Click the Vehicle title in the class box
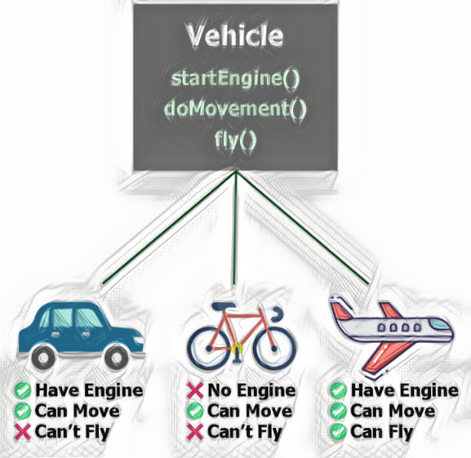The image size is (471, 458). click(235, 37)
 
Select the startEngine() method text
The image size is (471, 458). click(235, 78)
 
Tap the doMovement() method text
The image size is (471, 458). click(235, 109)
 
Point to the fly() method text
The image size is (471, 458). click(235, 140)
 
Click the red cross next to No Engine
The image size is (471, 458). click(195, 391)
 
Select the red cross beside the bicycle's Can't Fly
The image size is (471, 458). click(195, 432)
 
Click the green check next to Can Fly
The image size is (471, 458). click(337, 432)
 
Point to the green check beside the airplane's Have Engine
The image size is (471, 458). click(337, 391)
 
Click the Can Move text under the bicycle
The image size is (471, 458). click(250, 411)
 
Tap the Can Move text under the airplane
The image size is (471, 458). click(392, 411)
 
